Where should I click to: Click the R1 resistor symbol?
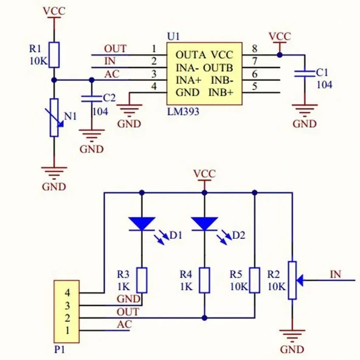[54, 55]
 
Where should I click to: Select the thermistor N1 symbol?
[54, 117]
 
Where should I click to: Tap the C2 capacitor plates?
[92, 99]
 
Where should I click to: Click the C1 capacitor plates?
[305, 74]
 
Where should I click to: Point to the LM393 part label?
[183, 112]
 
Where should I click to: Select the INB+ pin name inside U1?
[221, 92]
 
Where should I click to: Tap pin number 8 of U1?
[255, 49]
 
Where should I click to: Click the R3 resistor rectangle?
[142, 280]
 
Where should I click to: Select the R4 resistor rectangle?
[204, 280]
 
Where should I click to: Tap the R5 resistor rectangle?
[255, 280]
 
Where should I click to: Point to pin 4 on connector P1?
[67, 292]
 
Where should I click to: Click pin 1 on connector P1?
[67, 330]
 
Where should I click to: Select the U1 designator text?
[173, 36]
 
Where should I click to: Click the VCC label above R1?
[54, 11]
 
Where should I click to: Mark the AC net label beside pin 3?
[112, 74]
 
